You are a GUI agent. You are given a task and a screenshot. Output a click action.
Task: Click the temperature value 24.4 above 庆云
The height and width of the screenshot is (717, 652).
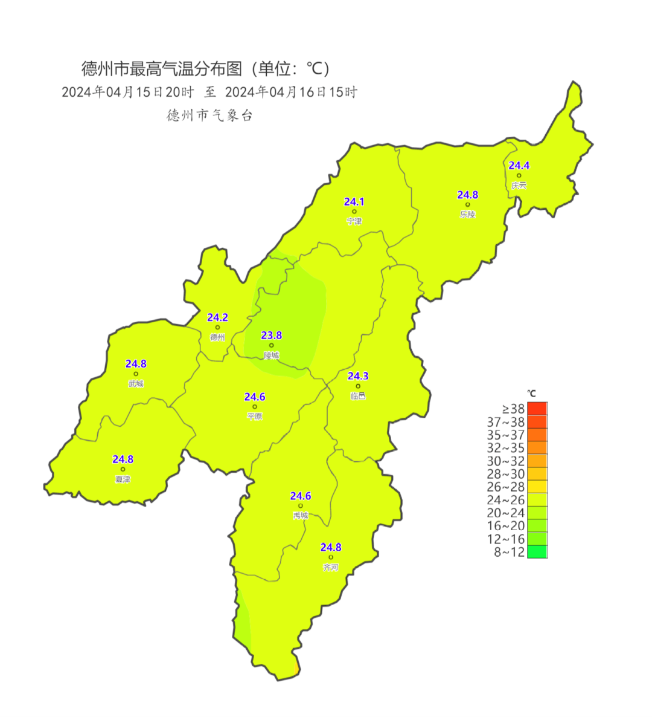click(x=519, y=166)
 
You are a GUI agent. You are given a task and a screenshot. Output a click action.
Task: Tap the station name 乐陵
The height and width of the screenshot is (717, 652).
click(x=467, y=214)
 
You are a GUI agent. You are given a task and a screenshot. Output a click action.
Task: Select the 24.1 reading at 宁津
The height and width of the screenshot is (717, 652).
click(x=354, y=202)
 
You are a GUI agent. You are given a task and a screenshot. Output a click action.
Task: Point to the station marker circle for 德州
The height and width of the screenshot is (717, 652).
click(x=217, y=328)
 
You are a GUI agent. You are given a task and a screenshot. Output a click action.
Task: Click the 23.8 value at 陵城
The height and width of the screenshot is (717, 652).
click(x=271, y=336)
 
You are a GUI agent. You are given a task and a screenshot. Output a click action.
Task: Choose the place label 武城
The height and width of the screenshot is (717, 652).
click(x=136, y=384)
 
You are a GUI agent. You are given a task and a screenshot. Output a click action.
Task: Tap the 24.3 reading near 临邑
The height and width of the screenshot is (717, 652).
click(x=358, y=376)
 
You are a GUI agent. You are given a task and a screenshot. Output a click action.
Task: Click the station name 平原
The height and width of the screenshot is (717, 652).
click(x=255, y=417)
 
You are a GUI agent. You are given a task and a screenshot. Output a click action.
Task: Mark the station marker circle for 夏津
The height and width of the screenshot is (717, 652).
click(x=123, y=469)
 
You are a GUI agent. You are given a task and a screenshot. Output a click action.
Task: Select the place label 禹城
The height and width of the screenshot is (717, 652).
click(x=300, y=516)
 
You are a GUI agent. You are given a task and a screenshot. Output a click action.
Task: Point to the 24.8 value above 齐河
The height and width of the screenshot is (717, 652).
click(x=331, y=547)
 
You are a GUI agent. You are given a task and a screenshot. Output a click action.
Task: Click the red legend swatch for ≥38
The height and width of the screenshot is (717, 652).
click(x=537, y=409)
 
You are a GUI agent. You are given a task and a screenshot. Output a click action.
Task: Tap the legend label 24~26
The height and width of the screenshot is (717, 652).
click(x=506, y=500)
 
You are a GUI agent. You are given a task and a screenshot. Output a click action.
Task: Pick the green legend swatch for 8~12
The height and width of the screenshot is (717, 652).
click(x=537, y=551)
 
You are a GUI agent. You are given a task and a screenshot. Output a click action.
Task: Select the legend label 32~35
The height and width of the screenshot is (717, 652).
click(x=506, y=448)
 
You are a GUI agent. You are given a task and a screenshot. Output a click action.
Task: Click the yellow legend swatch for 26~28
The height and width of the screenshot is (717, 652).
click(x=537, y=487)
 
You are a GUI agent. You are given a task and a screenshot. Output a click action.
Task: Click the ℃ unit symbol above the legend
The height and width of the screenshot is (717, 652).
click(x=531, y=394)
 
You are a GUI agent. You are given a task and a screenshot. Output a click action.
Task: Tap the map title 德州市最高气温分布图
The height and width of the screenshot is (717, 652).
click(x=162, y=69)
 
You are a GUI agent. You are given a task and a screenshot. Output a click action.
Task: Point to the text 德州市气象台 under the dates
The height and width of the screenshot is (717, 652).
click(x=209, y=115)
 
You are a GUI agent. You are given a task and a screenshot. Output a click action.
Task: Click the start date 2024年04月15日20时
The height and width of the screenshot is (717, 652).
click(x=127, y=92)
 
